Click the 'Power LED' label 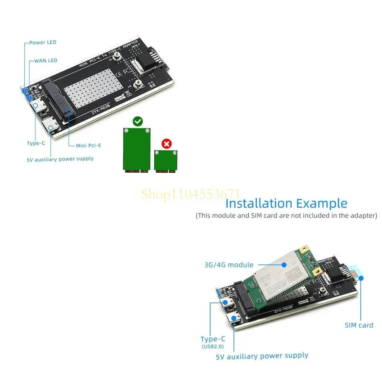click(x=43, y=43)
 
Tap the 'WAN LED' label click(x=46, y=60)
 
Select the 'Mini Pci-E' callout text click(x=88, y=145)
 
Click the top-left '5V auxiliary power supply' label click(x=60, y=159)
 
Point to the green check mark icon click(x=138, y=121)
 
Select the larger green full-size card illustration click(x=137, y=150)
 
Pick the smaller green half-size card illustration click(x=166, y=161)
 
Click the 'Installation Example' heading click(x=286, y=204)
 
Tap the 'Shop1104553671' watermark click(x=190, y=194)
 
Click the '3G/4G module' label click(x=229, y=265)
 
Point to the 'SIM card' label click(x=358, y=325)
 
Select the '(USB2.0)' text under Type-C click(x=213, y=347)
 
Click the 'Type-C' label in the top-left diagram click(x=36, y=143)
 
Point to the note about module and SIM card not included click(x=286, y=216)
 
